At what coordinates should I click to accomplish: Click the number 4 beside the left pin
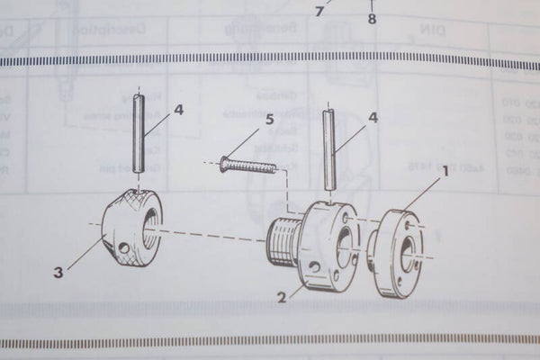(x=178, y=110)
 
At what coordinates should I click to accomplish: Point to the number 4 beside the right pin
(x=372, y=117)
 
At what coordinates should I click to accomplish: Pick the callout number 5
(x=268, y=118)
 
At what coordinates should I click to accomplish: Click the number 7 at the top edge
(x=318, y=12)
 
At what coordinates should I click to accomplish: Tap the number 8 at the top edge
(x=372, y=17)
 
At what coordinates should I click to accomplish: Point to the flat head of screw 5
(x=224, y=162)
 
